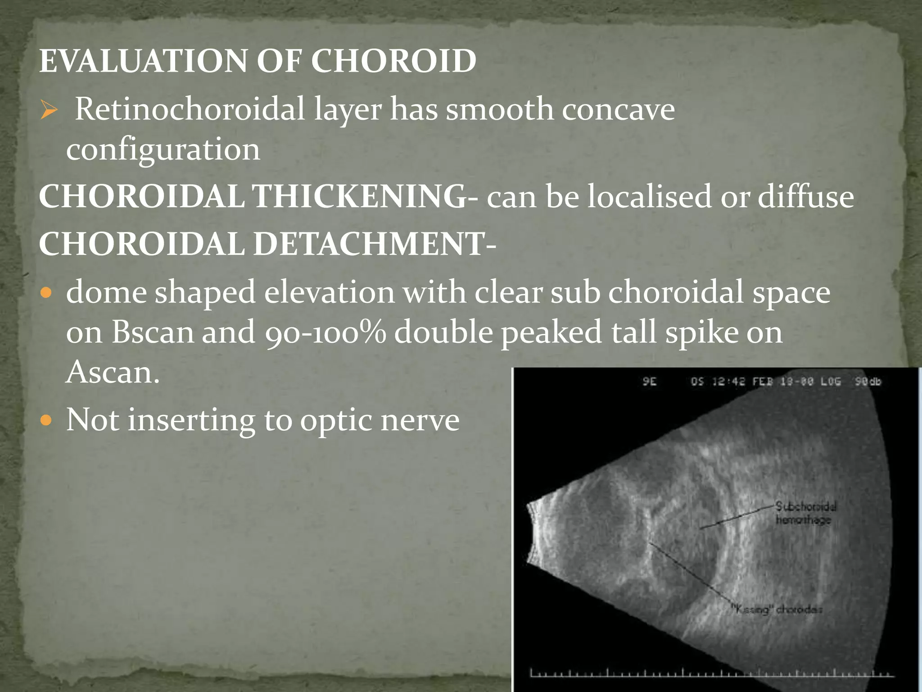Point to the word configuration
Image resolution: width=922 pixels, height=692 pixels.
[163, 150]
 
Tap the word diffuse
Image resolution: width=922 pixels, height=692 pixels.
[805, 196]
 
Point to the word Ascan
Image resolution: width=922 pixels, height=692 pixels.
[113, 372]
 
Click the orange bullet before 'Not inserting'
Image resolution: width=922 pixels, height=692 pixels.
[46, 421]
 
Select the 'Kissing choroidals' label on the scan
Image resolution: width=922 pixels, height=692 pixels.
[777, 610]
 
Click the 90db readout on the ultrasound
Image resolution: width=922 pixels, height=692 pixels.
[868, 382]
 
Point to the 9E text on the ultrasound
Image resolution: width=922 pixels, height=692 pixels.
[650, 382]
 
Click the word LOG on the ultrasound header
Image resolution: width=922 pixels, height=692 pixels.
[830, 382]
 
